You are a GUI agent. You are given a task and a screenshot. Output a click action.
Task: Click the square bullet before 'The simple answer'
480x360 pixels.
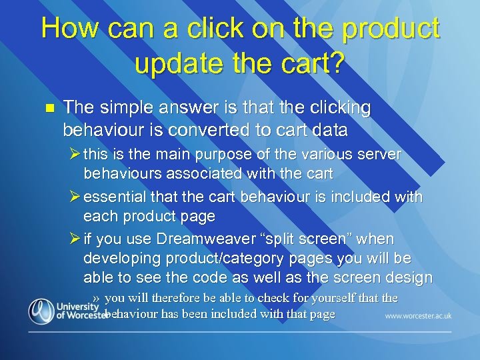point(47,107)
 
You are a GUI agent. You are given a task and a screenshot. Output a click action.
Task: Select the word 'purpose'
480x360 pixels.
point(219,155)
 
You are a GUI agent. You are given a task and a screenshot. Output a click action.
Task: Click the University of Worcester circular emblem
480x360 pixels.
point(41,311)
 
